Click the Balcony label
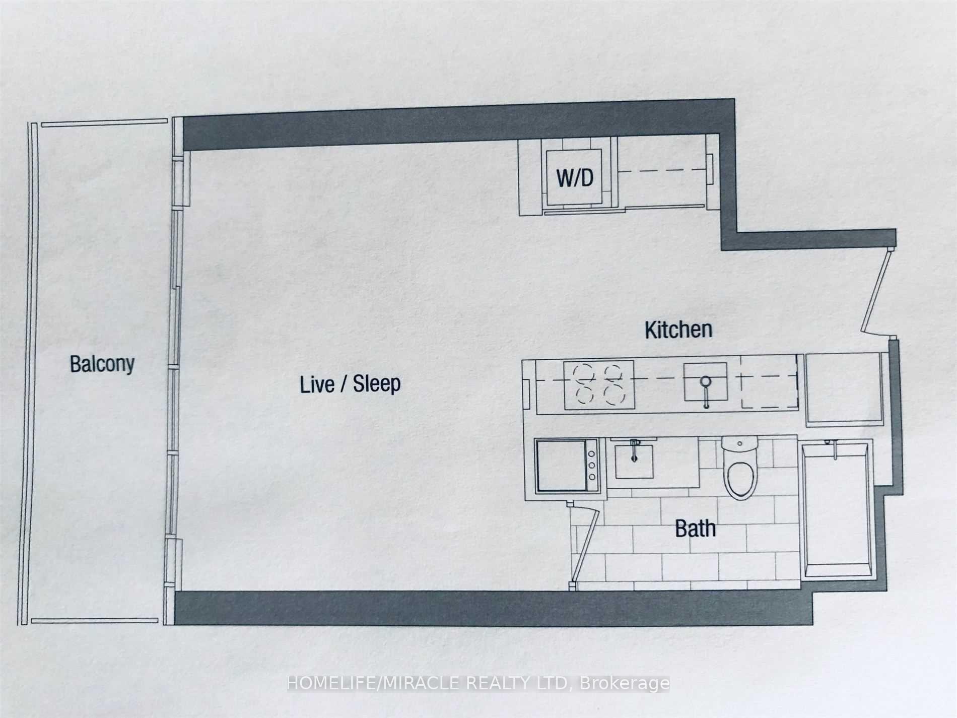[102, 364]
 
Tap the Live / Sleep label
[350, 384]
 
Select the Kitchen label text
[678, 330]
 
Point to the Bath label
[695, 529]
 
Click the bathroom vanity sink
[634, 460]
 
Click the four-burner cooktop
[599, 384]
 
